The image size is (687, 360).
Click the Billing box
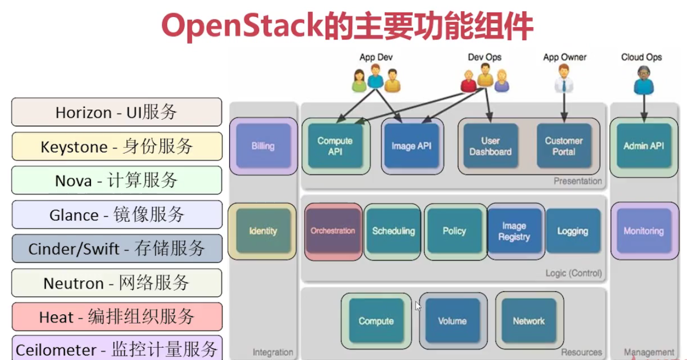click(263, 146)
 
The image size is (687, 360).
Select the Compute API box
click(335, 146)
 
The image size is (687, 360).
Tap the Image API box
click(412, 146)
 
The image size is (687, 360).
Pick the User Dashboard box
click(490, 146)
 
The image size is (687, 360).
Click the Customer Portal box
click(564, 146)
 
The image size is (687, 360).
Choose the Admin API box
click(644, 146)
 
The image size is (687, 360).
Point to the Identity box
click(263, 231)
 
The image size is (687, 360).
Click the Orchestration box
click(332, 231)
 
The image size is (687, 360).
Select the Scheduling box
click(393, 231)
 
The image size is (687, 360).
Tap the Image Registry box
click(514, 231)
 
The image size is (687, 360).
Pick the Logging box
click(572, 231)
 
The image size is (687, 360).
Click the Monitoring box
click(644, 231)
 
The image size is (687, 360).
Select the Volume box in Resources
click(452, 321)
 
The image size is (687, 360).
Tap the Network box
click(528, 321)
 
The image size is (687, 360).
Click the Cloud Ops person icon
click(643, 81)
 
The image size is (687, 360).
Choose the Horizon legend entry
click(117, 112)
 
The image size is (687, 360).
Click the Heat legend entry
click(117, 317)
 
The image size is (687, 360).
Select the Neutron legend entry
click(117, 283)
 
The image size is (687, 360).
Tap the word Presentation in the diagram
click(578, 181)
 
